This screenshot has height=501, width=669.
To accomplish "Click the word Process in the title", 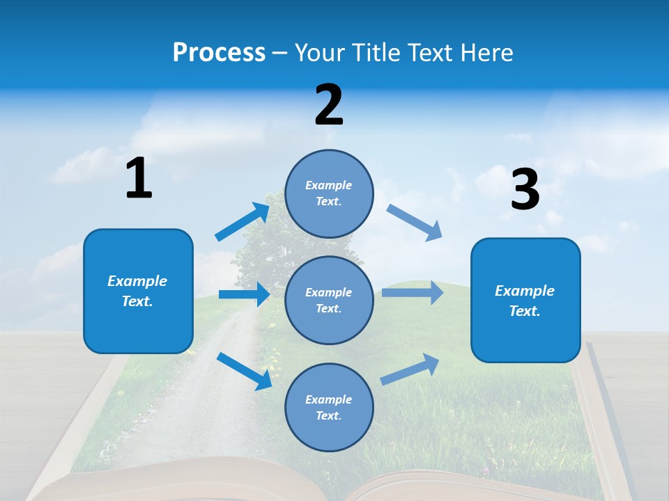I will (219, 53).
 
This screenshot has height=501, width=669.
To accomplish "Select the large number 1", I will (139, 179).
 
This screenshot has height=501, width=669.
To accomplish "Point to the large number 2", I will (329, 106).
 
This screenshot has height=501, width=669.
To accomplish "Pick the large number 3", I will (525, 190).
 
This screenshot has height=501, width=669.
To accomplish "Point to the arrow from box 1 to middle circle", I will (244, 294).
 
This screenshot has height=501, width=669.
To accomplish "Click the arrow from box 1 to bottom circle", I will (244, 370).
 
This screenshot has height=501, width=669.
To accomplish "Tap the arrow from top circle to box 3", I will (415, 223).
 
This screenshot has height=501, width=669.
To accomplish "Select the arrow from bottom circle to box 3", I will (410, 369).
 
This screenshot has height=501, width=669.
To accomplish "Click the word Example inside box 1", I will (137, 281).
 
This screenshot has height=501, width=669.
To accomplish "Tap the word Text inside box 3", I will (525, 311).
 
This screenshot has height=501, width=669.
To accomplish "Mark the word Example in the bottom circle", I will (329, 399).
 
